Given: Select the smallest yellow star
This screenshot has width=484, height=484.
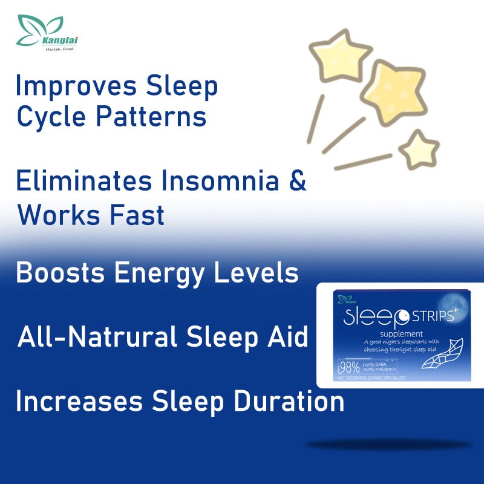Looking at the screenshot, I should click(418, 149).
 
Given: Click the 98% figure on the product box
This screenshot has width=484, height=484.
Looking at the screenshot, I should click(350, 367).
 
